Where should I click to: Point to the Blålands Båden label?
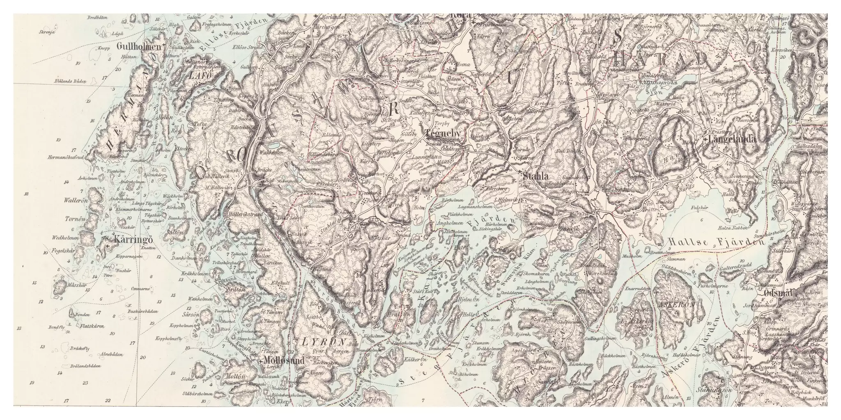click(x=69, y=81)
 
